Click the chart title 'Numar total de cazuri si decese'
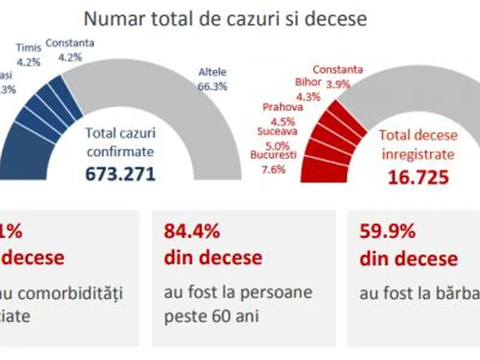point(225,19)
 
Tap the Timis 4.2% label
point(28,53)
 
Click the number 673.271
point(120,173)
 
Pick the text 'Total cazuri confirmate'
point(120,142)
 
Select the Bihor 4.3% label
point(309,88)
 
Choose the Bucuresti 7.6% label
point(274,161)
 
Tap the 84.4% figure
point(192,231)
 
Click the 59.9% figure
point(388,231)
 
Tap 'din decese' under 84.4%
point(213,257)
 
